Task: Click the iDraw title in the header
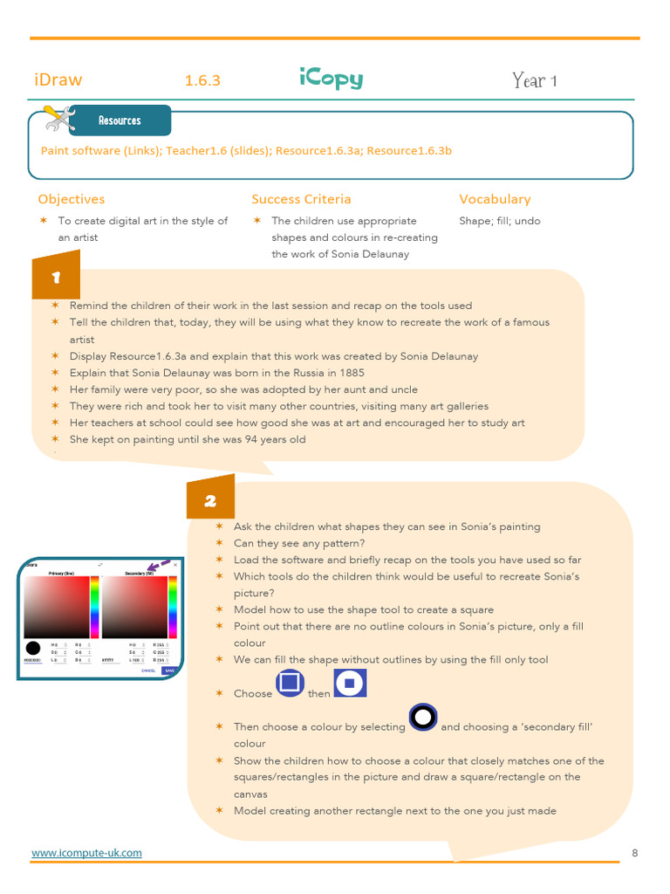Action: tap(58, 79)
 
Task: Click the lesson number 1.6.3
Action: tap(202, 80)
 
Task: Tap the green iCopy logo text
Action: tap(331, 79)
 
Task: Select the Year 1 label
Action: tap(535, 81)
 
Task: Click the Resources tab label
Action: tap(120, 120)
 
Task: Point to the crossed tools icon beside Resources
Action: tap(58, 117)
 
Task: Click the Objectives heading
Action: tap(72, 199)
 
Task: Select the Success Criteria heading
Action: tap(301, 199)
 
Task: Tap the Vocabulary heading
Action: tap(495, 199)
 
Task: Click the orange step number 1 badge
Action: tap(56, 278)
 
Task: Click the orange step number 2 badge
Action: tap(210, 500)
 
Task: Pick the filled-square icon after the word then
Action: tap(350, 683)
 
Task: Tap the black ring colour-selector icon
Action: tap(422, 717)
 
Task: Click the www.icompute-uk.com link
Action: tap(86, 852)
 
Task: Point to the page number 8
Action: tap(634, 852)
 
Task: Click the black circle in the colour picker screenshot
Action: tap(33, 648)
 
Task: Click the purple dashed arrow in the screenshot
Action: tap(158, 567)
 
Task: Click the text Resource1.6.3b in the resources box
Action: tap(409, 150)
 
